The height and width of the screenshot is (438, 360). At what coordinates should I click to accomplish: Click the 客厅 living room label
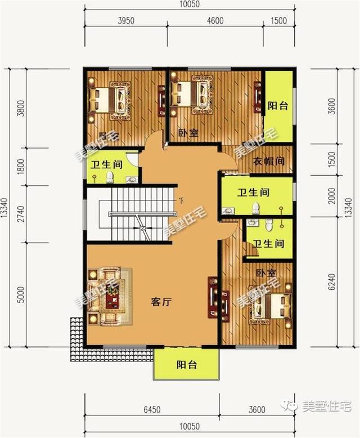(161, 302)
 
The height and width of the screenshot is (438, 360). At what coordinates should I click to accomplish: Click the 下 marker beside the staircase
(181, 200)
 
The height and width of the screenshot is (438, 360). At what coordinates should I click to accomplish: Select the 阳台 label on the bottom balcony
(186, 365)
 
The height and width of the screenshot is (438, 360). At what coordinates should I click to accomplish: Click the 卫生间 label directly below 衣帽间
(253, 193)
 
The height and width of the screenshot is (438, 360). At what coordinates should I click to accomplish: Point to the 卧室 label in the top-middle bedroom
(188, 133)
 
